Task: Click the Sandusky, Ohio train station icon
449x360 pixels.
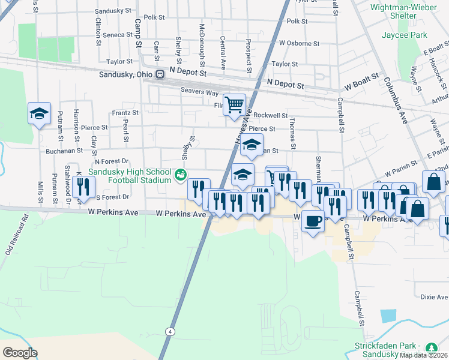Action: click(x=160, y=74)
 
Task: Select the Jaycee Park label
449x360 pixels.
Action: click(x=405, y=35)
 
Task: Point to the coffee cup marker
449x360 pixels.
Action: click(x=312, y=221)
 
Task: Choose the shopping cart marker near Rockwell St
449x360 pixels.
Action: click(x=234, y=104)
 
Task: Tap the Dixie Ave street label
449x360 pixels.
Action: click(x=434, y=297)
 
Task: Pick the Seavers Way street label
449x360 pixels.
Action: click(x=199, y=92)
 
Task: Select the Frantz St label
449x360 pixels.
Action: click(x=125, y=113)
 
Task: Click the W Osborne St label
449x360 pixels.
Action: click(x=299, y=44)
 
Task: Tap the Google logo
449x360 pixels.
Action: click(x=20, y=352)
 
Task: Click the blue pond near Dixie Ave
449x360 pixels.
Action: click(x=388, y=316)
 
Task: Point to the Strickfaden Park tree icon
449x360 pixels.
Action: click(x=431, y=348)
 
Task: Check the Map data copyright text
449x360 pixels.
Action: click(x=424, y=355)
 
